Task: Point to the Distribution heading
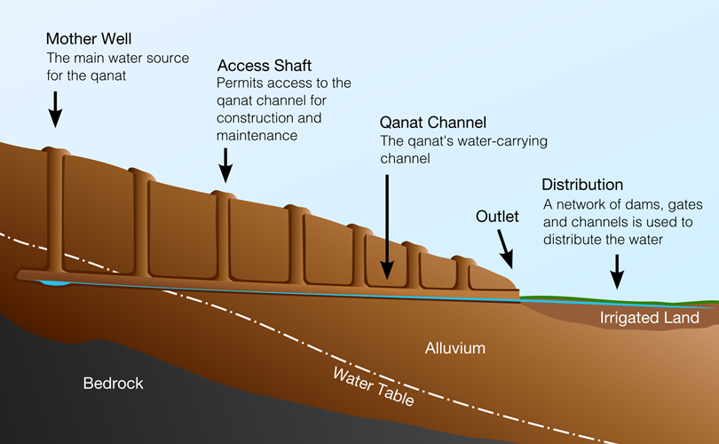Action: pos(582,185)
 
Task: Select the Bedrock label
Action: pos(113,384)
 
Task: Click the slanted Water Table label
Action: pos(374,386)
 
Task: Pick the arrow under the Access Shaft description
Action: pos(226,165)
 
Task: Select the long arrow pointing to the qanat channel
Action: pos(387,222)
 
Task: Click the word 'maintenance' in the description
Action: pos(257,136)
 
